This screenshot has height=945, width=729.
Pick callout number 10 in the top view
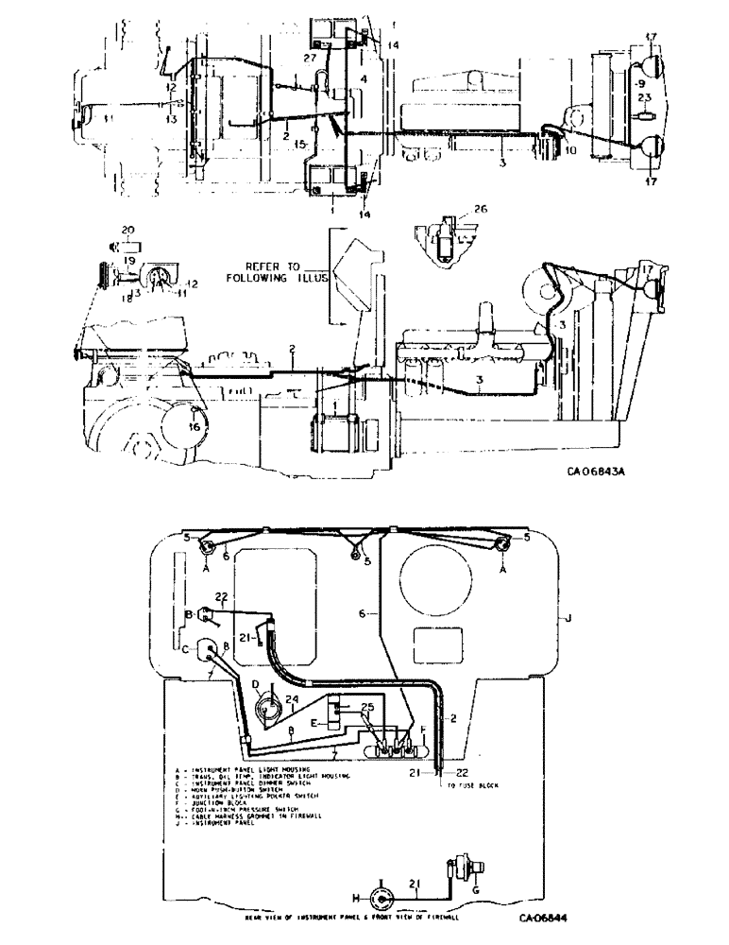[x=569, y=149]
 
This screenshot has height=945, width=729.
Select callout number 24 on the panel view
[x=292, y=700]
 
